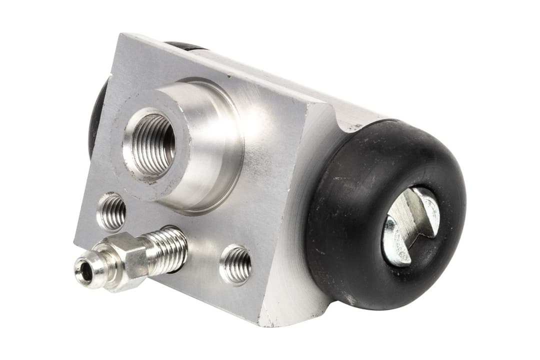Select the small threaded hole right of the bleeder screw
pyautogui.click(x=236, y=263)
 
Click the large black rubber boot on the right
pyautogui.click(x=350, y=240)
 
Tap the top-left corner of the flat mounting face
pyautogui.click(x=120, y=38)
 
